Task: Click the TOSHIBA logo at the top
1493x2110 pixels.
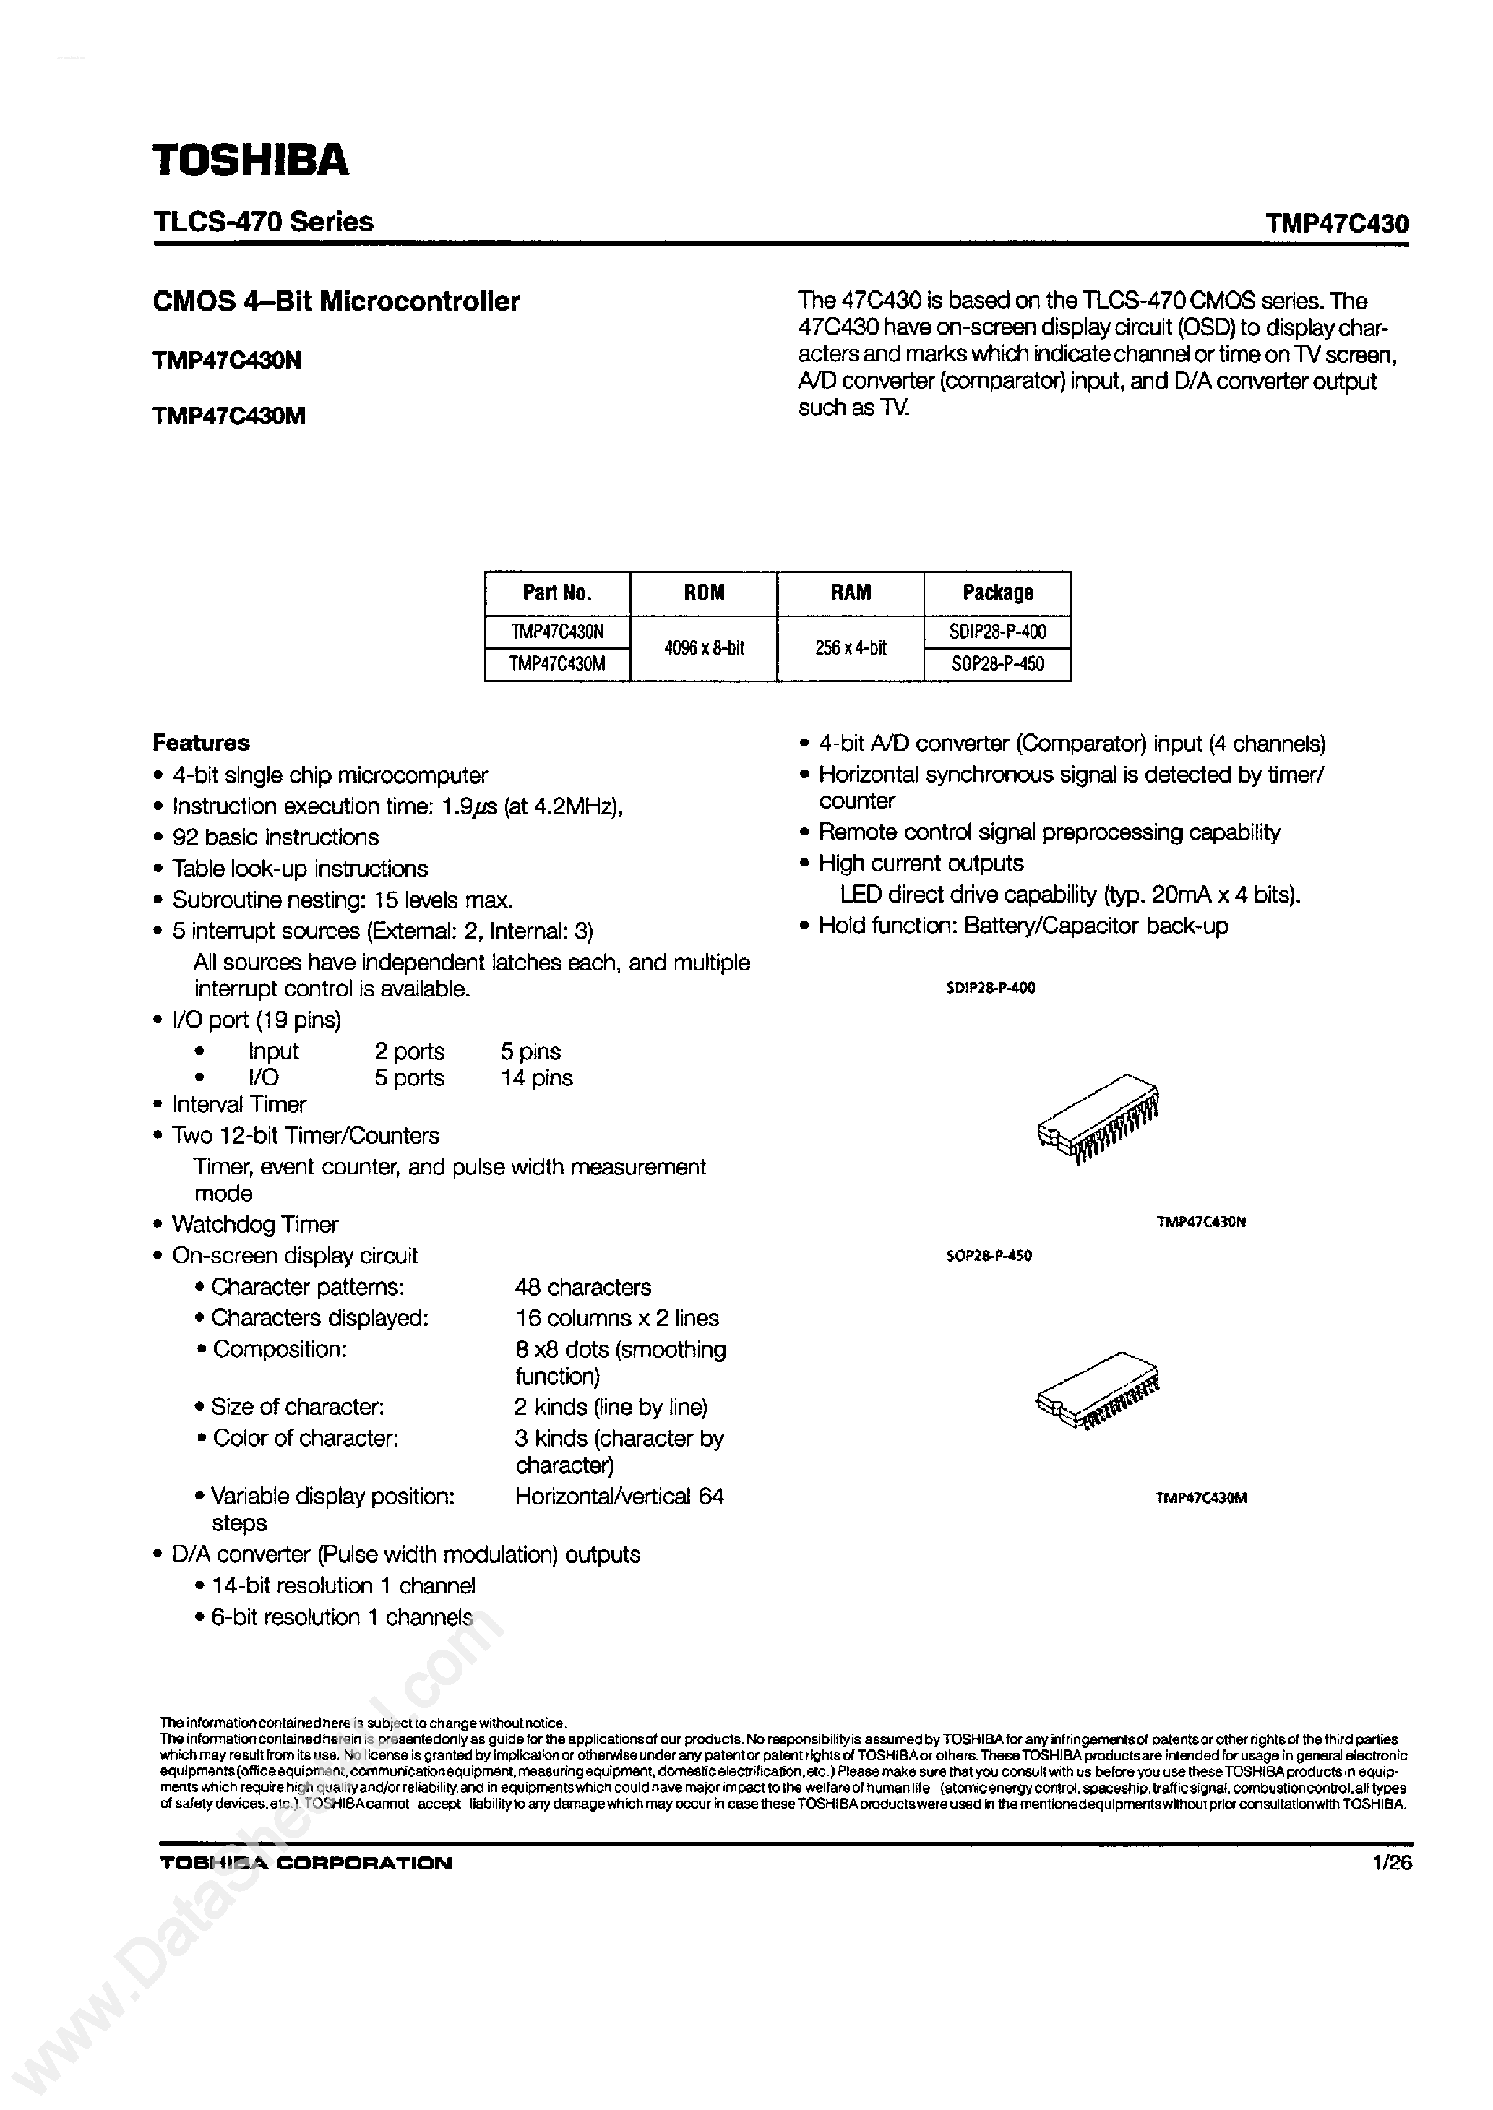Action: coord(250,161)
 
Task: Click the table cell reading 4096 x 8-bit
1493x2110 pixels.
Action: coord(703,648)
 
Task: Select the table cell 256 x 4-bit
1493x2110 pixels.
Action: coord(851,648)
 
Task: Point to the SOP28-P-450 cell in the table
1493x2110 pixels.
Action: coord(997,664)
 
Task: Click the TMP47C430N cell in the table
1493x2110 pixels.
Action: coord(557,632)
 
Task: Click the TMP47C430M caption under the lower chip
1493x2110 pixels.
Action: coord(1200,1498)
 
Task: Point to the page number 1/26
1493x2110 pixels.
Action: coord(1392,1864)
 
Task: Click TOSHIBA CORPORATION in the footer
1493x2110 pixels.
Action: coord(306,1864)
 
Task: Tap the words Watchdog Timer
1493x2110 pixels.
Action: coord(254,1225)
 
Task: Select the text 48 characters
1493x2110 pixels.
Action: coord(583,1288)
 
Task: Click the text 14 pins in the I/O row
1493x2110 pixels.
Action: coord(536,1078)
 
